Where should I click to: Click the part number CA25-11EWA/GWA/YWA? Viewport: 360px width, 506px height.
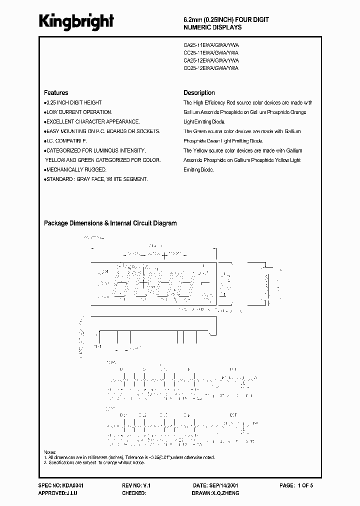(x=210, y=44)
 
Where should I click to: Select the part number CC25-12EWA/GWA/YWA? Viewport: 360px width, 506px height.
(x=210, y=68)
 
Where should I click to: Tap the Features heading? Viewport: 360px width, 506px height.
(x=56, y=93)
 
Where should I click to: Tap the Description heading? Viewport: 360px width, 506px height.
(x=199, y=93)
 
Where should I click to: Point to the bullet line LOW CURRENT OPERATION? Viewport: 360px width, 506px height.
(x=78, y=112)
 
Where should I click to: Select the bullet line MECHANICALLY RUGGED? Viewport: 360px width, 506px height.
(x=75, y=169)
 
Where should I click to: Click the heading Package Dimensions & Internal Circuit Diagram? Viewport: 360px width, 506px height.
(x=110, y=223)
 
